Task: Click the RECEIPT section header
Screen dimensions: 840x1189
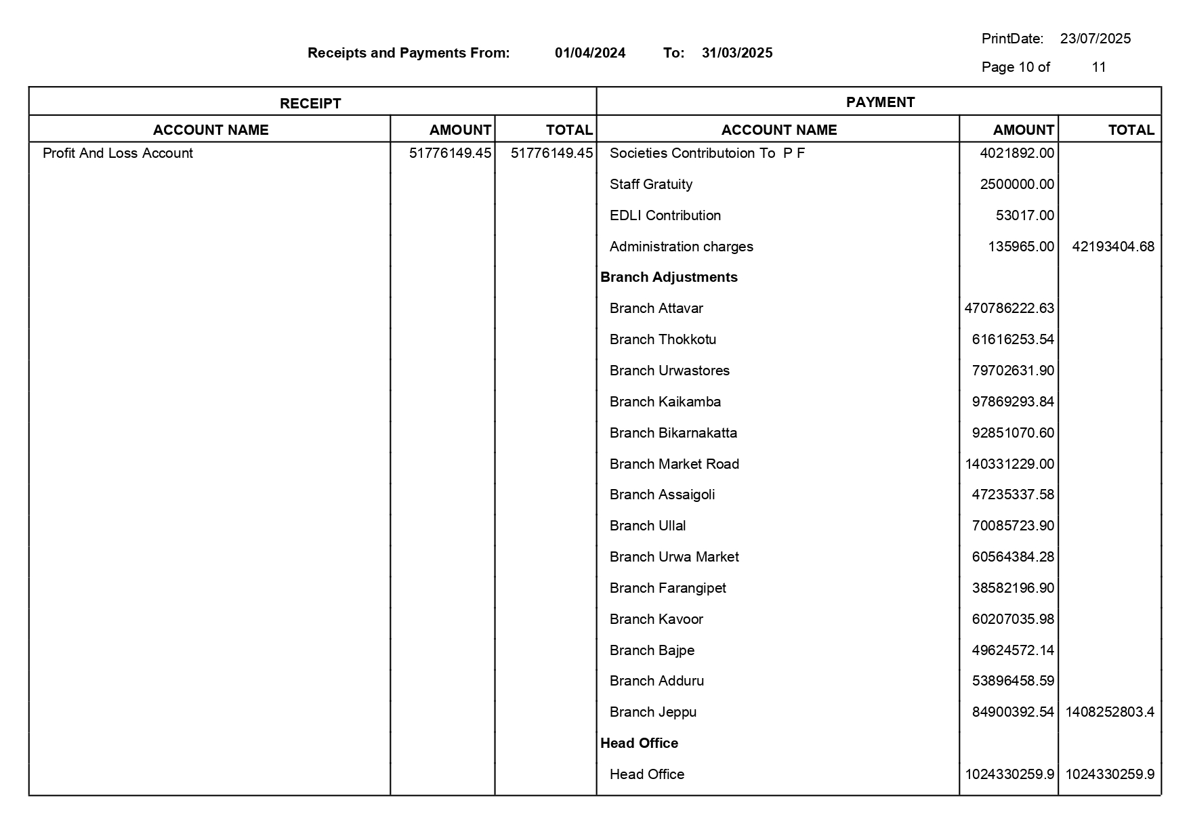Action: click(x=310, y=104)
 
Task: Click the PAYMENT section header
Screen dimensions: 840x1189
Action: click(x=880, y=102)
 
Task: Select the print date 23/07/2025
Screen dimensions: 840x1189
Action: click(x=1095, y=39)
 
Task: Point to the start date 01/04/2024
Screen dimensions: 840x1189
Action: click(x=590, y=53)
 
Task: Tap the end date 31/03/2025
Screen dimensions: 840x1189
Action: click(x=737, y=53)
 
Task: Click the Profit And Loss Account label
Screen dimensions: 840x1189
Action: click(x=118, y=153)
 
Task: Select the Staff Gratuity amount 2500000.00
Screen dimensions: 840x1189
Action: click(x=1017, y=184)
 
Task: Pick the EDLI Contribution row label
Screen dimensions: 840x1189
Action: click(x=665, y=215)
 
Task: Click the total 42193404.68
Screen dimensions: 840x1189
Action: click(x=1112, y=247)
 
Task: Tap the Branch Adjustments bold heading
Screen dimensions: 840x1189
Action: click(x=669, y=277)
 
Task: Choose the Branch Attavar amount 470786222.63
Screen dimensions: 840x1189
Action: click(x=1009, y=308)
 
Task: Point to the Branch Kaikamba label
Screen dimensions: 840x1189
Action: click(x=665, y=402)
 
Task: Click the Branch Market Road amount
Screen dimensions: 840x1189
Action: click(x=1009, y=464)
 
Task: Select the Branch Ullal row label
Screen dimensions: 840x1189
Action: click(x=647, y=526)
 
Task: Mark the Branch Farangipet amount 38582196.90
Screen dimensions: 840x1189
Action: click(x=1013, y=588)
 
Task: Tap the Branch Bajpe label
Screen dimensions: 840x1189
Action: click(x=652, y=650)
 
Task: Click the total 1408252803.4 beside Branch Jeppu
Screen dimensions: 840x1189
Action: click(x=1109, y=712)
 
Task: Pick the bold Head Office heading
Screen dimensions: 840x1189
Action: click(x=639, y=743)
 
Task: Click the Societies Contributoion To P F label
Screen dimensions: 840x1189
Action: click(x=707, y=153)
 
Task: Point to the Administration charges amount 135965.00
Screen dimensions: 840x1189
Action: click(x=1021, y=247)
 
